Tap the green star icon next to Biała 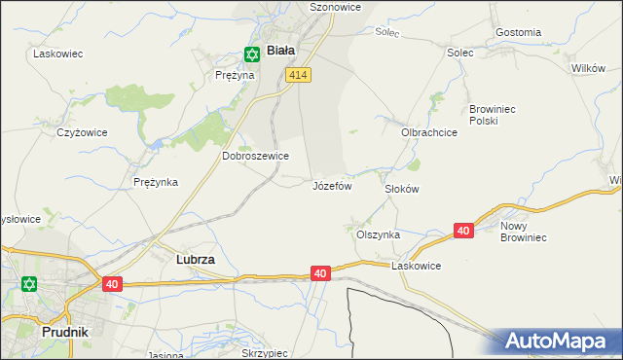coord(252,54)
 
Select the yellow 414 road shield coord(299,75)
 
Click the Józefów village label coord(331,185)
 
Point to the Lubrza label coord(195,260)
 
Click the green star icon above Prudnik coord(29,284)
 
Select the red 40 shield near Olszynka coord(463,231)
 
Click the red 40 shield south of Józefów coord(320,274)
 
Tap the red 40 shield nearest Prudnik coord(113,284)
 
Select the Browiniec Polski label coord(497,115)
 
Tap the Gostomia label coord(518,32)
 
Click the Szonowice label coord(309,7)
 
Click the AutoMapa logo coord(559,341)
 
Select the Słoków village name coord(401,189)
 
